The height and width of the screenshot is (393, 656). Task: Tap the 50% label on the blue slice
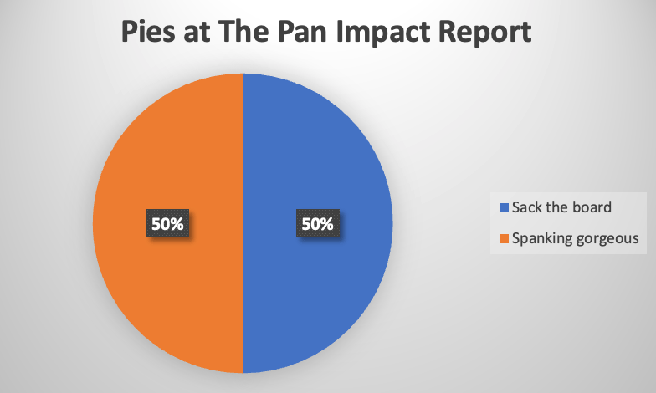coord(317,224)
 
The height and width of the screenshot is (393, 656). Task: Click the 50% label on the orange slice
coord(168,224)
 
